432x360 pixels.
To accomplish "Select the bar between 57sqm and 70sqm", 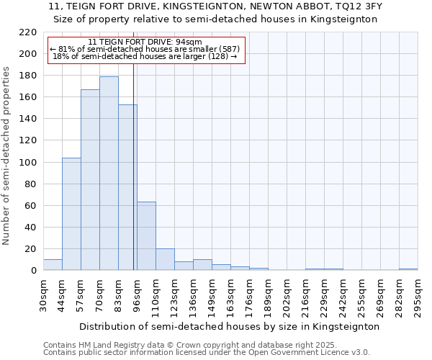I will point(90,180).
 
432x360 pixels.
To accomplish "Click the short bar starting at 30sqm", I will point(53,265).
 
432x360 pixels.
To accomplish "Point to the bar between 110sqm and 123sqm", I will point(165,260).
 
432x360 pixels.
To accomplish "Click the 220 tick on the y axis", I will point(28,32).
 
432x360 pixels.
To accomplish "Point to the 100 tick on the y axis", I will point(28,163).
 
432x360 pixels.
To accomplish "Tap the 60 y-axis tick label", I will point(31,206).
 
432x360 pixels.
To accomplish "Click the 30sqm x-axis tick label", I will point(44,295).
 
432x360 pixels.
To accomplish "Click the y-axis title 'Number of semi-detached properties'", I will point(7,156).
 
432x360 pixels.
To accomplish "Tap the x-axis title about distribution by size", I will point(229,326).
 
